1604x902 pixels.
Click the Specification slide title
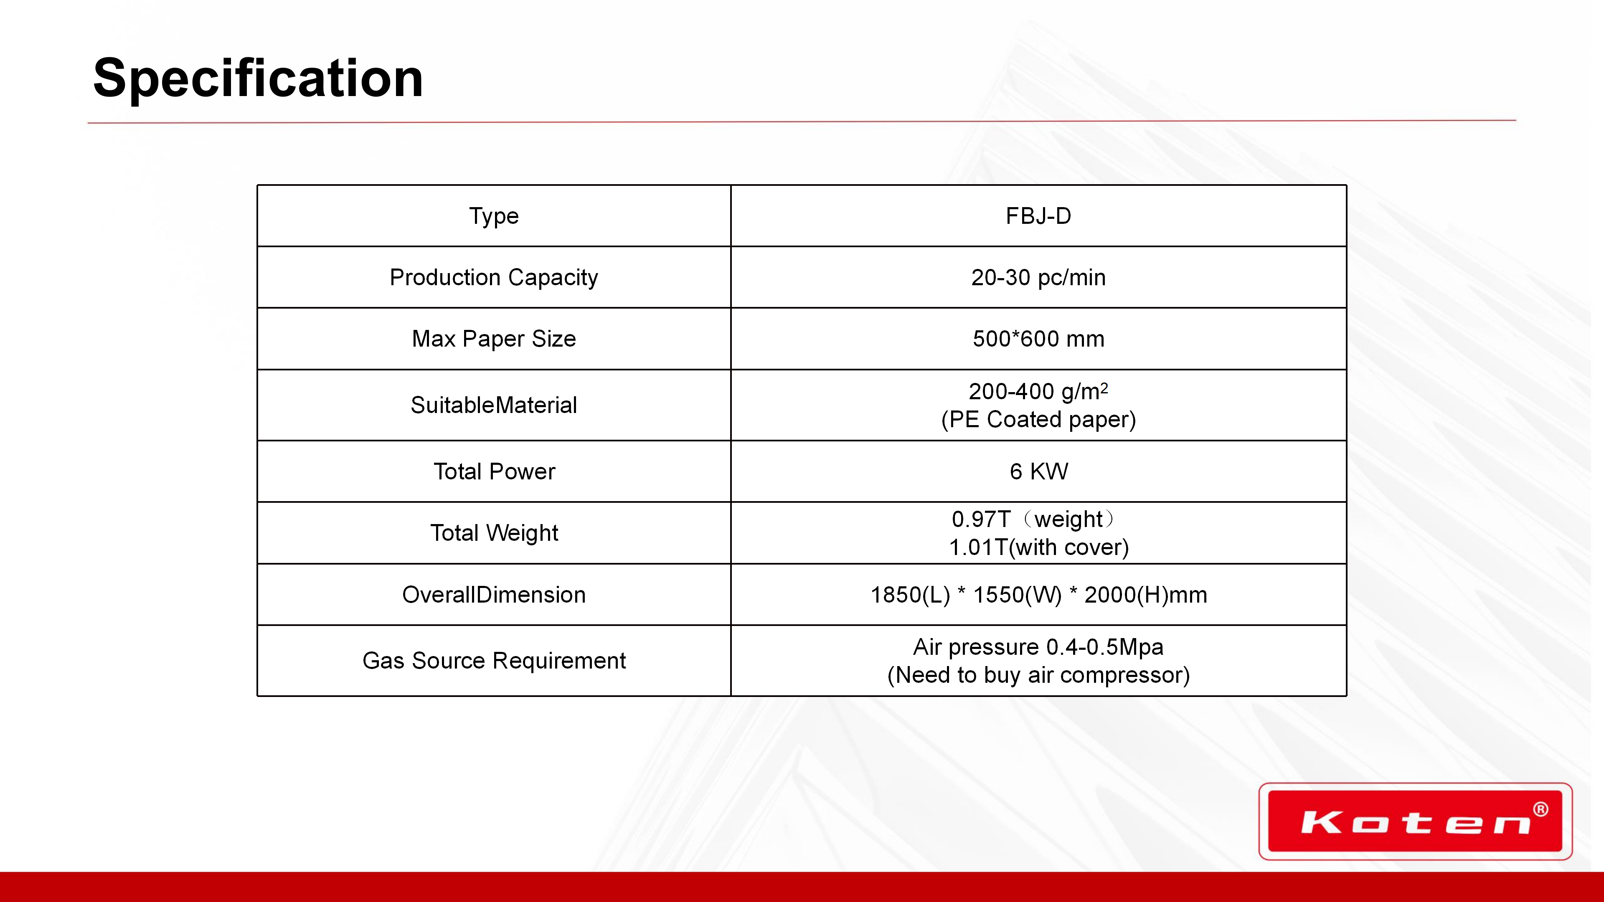point(258,79)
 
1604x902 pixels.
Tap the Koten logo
point(1415,821)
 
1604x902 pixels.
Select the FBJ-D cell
point(1038,216)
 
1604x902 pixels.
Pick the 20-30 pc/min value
point(1038,277)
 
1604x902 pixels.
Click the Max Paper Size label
point(494,339)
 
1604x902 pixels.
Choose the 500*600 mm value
point(1038,339)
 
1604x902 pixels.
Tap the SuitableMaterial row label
point(494,405)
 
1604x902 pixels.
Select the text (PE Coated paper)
point(1038,420)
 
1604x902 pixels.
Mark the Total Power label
point(494,471)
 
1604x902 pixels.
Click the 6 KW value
point(1038,471)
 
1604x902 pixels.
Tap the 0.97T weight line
point(1034,519)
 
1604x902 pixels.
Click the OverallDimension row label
point(494,595)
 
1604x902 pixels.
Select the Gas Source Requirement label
point(494,661)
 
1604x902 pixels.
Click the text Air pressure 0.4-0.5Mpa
point(1038,647)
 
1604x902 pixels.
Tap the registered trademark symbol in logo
point(1541,809)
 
